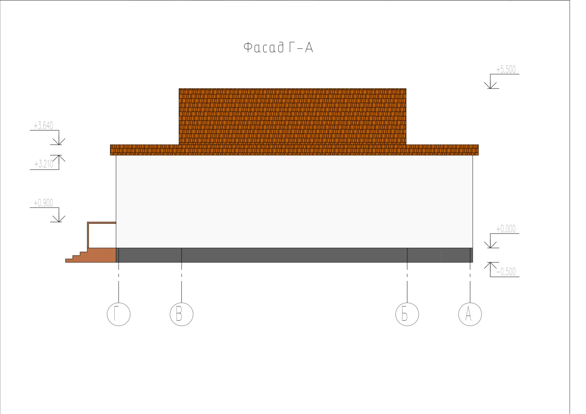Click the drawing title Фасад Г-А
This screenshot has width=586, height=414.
tap(278, 47)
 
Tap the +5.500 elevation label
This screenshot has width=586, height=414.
tap(506, 69)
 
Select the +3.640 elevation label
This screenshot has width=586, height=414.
tap(43, 126)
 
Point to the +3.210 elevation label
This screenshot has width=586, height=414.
tap(44, 164)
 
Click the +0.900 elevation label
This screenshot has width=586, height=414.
tap(43, 203)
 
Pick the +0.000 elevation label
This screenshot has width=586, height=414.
tap(506, 229)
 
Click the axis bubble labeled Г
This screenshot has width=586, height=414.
tap(119, 314)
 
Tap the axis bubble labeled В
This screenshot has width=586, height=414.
tap(181, 314)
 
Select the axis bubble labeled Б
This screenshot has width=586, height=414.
tap(407, 314)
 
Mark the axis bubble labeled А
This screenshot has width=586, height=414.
tap(470, 314)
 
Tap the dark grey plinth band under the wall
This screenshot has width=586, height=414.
tap(294, 255)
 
